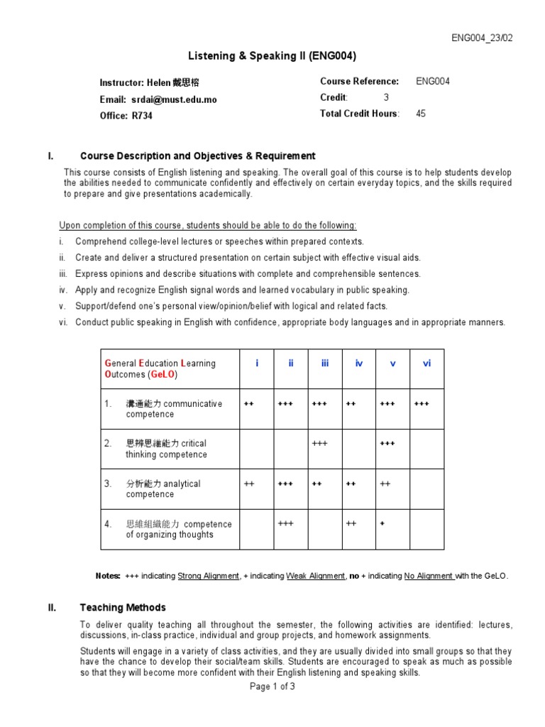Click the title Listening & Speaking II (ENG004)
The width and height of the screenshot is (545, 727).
(x=272, y=56)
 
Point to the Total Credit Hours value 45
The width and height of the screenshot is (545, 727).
(x=421, y=114)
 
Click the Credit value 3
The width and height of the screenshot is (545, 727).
(x=386, y=97)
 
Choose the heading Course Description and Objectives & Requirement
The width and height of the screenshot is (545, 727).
(x=198, y=155)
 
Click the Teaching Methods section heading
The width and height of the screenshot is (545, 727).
(x=123, y=607)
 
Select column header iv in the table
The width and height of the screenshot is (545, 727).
(x=358, y=363)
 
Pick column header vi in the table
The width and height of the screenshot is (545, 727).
(x=426, y=363)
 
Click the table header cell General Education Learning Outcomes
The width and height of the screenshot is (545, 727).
(x=160, y=368)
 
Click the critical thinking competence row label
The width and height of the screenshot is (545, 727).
(x=166, y=449)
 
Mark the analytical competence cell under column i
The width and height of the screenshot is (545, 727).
(x=249, y=483)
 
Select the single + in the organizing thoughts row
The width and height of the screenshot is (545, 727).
(x=382, y=523)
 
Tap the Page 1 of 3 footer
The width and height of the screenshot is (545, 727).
(x=272, y=687)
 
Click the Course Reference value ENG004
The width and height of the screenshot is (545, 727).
(x=432, y=81)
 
